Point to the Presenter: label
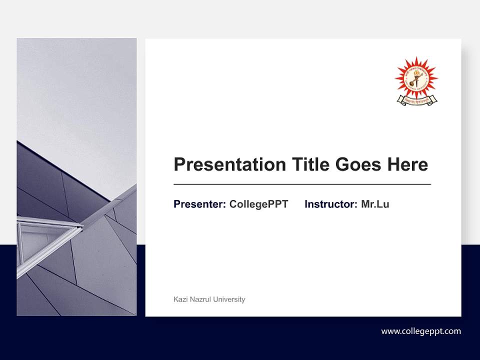point(199,204)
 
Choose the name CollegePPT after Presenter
point(258,204)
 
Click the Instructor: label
point(330,204)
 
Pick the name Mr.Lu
point(375,204)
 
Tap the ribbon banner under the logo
point(416,100)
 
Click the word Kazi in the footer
point(180,299)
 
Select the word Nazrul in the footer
point(199,299)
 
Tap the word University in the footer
point(229,299)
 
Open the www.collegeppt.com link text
point(421,331)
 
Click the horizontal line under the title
point(302,184)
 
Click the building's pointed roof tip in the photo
point(133,186)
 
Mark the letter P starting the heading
point(179,164)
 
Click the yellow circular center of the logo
point(416,78)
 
